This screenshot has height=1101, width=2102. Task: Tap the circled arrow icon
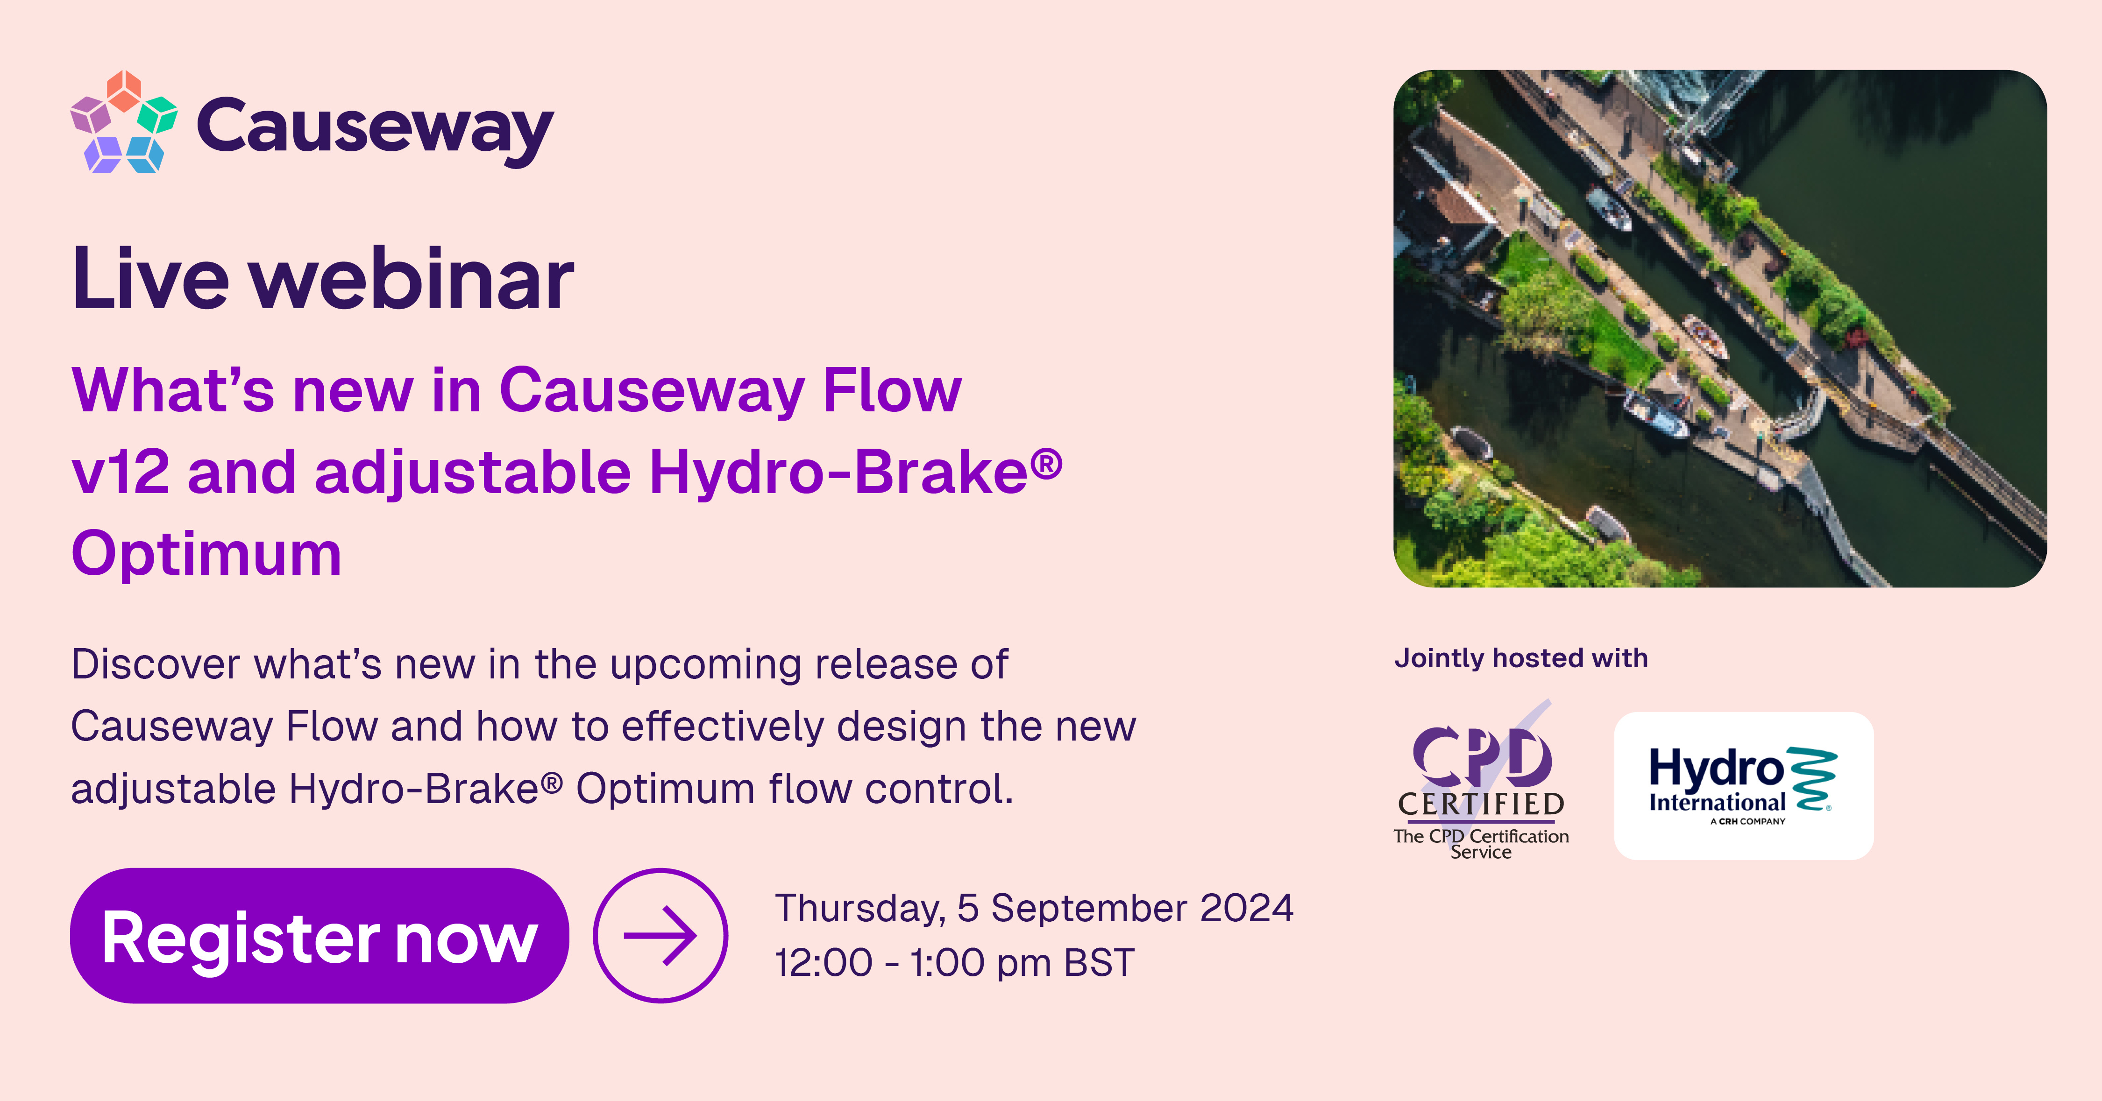(x=660, y=935)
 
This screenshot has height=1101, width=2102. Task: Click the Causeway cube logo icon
(x=124, y=122)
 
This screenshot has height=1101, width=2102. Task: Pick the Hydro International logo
(x=1743, y=785)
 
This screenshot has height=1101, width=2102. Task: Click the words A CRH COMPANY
(x=1748, y=821)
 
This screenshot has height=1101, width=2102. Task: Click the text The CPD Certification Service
(x=1481, y=843)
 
